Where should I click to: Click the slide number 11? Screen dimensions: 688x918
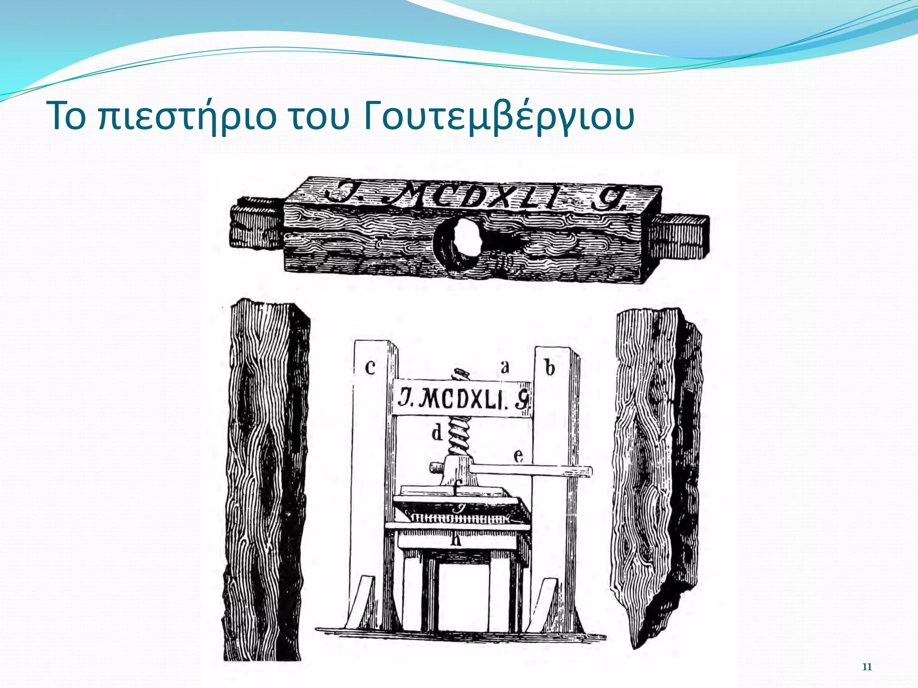[x=867, y=667]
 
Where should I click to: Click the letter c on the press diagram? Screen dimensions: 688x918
[x=370, y=367]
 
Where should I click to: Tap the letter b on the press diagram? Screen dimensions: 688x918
[x=550, y=368]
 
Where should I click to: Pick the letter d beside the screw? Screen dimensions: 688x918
[x=437, y=433]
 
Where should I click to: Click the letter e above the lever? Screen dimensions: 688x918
[x=518, y=456]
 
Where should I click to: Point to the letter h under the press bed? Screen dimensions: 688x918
[x=456, y=540]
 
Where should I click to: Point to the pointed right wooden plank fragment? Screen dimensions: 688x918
[x=654, y=475]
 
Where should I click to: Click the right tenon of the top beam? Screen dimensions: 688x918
[x=684, y=236]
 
